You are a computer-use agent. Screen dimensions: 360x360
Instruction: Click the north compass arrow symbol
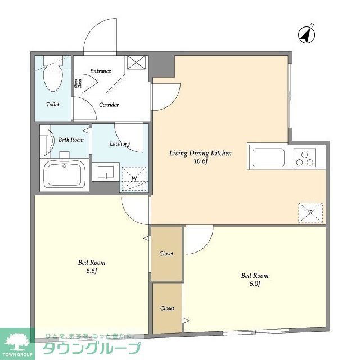click(x=306, y=35)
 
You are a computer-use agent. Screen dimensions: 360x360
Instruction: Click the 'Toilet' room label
click(x=52, y=105)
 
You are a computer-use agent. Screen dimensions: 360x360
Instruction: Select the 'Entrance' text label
click(x=101, y=71)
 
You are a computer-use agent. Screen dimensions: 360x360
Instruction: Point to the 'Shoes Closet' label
click(x=77, y=84)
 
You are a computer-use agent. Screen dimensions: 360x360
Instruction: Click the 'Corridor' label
click(x=109, y=105)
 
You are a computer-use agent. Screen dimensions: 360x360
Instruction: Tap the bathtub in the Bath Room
click(x=65, y=173)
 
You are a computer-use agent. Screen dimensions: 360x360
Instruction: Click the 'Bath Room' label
click(x=71, y=139)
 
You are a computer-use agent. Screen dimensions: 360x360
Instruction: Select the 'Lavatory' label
click(x=120, y=143)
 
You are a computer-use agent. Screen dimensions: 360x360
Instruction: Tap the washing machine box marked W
click(x=134, y=179)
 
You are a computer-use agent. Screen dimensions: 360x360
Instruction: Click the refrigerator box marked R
click(x=311, y=212)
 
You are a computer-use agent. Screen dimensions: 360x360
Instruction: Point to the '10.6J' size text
click(x=201, y=161)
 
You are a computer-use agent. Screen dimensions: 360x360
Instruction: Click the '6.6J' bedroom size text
click(x=91, y=271)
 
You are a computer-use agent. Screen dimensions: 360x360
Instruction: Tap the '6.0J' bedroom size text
click(x=254, y=283)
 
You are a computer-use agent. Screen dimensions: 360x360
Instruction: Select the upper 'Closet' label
click(x=166, y=254)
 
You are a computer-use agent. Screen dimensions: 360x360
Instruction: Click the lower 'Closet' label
click(x=167, y=308)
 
